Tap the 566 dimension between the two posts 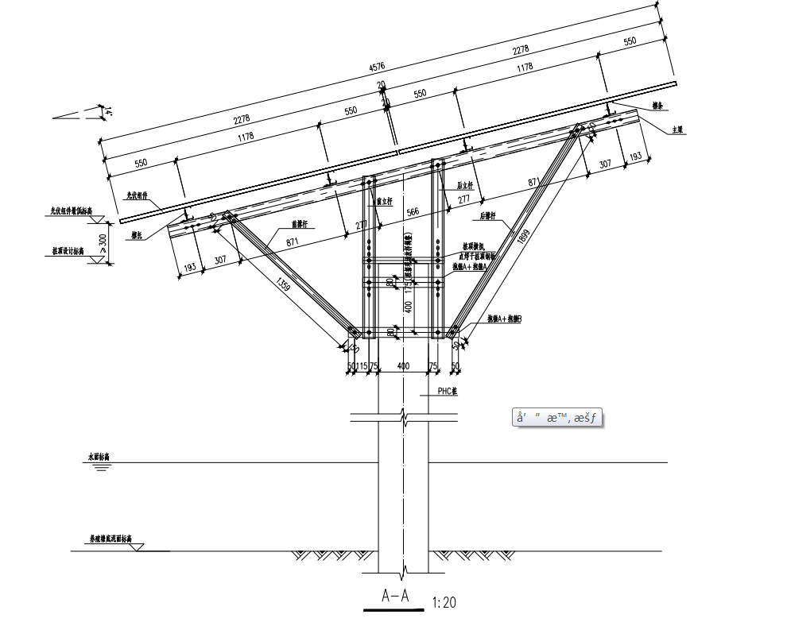pyautogui.click(x=411, y=212)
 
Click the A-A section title pyautogui.click(x=394, y=596)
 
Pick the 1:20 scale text pyautogui.click(x=445, y=602)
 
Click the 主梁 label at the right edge pyautogui.click(x=677, y=129)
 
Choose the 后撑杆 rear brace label pyautogui.click(x=488, y=215)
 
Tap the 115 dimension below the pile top pyautogui.click(x=362, y=365)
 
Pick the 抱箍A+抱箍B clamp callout pyautogui.click(x=504, y=319)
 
